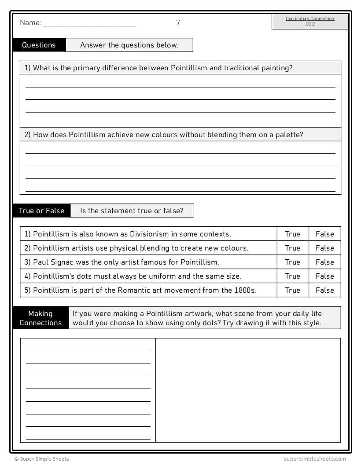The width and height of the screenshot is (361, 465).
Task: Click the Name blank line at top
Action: click(89, 25)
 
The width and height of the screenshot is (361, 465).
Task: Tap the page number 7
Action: click(178, 22)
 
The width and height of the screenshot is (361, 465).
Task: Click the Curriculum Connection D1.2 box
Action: click(310, 22)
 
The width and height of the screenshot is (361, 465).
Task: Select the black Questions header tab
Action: click(39, 45)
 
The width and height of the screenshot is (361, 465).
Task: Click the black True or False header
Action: click(41, 211)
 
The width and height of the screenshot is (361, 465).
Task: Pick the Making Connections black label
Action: click(41, 318)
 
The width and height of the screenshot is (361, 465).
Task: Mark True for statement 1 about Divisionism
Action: click(292, 234)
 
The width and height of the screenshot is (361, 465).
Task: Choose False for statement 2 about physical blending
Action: click(325, 248)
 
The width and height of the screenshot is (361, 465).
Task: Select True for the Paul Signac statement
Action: click(292, 262)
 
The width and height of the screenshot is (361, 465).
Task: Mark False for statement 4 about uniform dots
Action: click(325, 276)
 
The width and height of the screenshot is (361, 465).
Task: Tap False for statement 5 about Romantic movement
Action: click(325, 290)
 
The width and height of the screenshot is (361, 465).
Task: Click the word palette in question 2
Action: click(289, 134)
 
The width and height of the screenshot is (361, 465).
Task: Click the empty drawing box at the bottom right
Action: click(248, 390)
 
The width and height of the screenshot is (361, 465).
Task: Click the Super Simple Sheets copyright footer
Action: click(42, 458)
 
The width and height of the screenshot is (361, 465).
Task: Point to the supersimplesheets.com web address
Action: click(315, 458)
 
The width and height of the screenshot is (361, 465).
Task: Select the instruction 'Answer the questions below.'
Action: click(129, 45)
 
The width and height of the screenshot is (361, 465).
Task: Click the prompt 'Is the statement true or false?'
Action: click(131, 211)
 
